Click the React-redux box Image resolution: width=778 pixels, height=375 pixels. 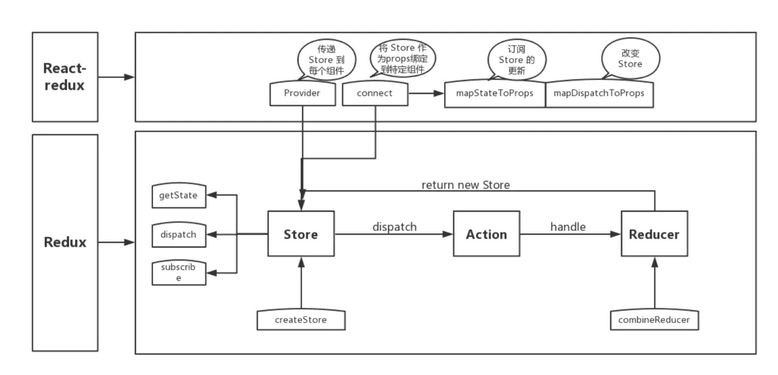click(64, 77)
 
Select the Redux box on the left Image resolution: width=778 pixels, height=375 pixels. click(64, 243)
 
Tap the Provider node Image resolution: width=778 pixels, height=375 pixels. click(302, 94)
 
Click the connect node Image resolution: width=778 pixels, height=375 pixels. click(374, 94)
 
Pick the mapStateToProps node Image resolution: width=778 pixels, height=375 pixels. click(495, 94)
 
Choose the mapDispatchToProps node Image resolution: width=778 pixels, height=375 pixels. click(599, 94)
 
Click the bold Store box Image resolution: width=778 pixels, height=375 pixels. click(301, 234)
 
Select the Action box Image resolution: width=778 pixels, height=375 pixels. click(486, 234)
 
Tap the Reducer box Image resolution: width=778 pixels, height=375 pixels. click(654, 234)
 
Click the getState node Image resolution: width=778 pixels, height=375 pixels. click(179, 196)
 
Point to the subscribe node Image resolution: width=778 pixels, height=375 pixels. click(179, 272)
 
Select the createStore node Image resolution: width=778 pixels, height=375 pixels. click(301, 320)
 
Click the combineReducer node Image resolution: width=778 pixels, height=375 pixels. click(654, 320)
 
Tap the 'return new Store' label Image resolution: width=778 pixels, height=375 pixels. click(466, 185)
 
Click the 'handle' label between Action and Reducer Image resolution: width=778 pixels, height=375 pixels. click(568, 227)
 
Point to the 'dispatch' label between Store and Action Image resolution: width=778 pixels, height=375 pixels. click(394, 227)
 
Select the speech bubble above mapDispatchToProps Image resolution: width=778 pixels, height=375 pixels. click(630, 59)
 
